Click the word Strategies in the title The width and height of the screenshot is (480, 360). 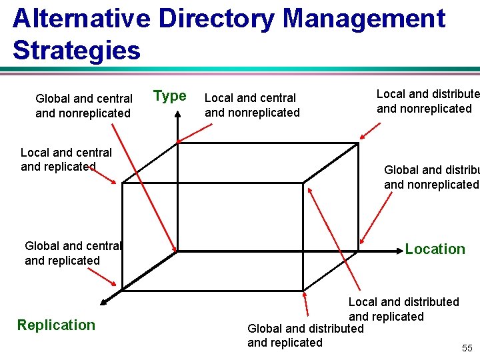pos(77,51)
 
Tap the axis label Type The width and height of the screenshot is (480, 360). pos(170,96)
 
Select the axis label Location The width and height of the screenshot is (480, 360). pos(435,249)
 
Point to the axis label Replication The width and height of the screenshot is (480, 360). pos(56,325)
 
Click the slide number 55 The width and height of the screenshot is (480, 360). pos(467,349)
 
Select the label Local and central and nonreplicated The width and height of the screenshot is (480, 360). pos(252,105)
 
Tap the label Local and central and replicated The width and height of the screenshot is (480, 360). pos(66,159)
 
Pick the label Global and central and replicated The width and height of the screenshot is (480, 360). pos(72,253)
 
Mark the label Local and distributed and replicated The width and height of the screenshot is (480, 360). pos(403,309)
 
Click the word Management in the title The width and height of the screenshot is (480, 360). pos(363,19)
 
